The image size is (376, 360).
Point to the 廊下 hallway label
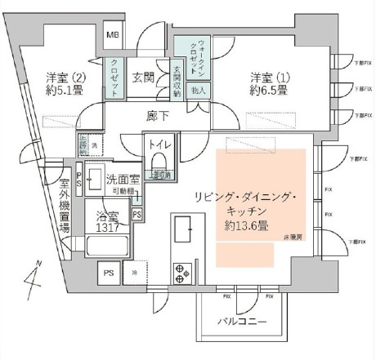coord(158,117)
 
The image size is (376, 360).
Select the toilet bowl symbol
coord(159,160)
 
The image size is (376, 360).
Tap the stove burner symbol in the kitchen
coord(181,270)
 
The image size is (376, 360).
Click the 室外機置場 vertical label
coord(64,206)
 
